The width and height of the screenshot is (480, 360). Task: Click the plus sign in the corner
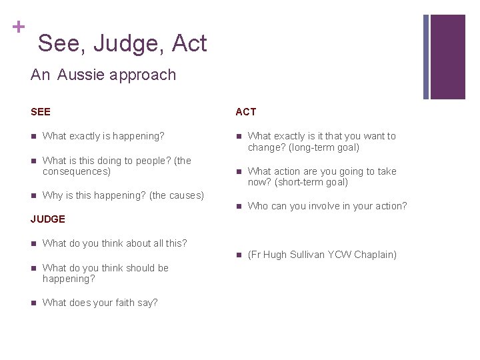[18, 27]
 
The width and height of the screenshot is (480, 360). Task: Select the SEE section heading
[41, 112]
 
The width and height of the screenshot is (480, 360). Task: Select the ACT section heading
[245, 112]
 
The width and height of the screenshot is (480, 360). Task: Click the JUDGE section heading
[48, 219]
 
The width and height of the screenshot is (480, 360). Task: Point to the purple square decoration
[447, 57]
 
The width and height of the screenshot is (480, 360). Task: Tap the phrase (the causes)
[176, 195]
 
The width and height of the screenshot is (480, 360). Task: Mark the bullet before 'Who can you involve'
[239, 207]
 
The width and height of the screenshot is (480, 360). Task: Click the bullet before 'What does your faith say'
[34, 303]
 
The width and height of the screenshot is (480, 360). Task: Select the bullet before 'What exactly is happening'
[34, 137]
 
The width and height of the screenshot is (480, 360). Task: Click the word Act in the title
[189, 44]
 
